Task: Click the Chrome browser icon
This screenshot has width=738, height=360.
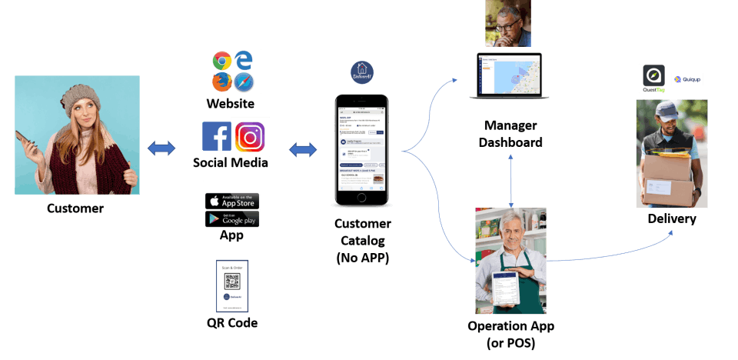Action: tap(222, 61)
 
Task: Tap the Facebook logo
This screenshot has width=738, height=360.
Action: tap(216, 136)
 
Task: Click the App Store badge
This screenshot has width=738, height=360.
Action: tap(232, 201)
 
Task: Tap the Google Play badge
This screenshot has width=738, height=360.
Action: tap(232, 218)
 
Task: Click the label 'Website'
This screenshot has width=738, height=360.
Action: tap(230, 103)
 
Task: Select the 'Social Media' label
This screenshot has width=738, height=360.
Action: tap(230, 162)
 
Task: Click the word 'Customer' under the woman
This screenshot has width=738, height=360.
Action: tap(75, 208)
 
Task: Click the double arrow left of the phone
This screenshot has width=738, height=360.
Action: tap(303, 150)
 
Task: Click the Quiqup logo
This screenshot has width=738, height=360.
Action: tap(687, 79)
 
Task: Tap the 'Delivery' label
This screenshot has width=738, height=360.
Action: tap(671, 219)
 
